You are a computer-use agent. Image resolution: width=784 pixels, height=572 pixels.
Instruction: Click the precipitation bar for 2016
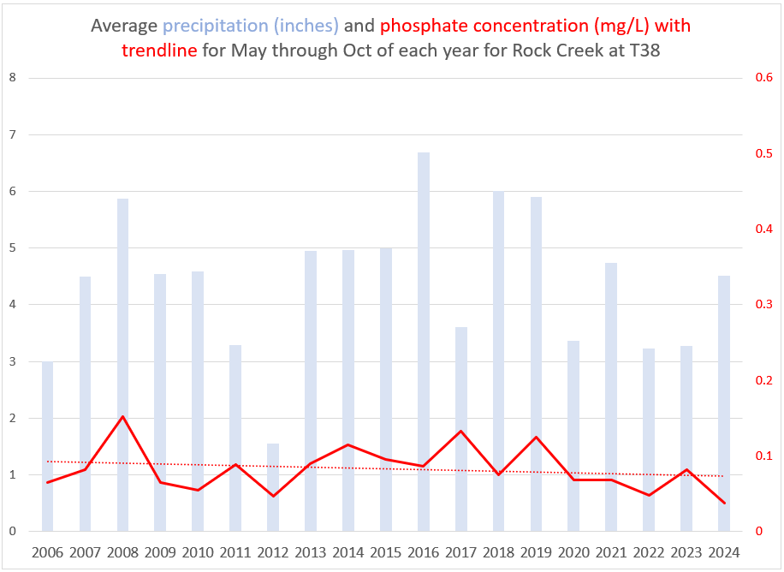[x=423, y=343]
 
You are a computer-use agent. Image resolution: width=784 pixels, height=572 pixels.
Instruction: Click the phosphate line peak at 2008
[x=122, y=417]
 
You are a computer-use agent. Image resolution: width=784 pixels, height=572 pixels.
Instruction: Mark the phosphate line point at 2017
[x=460, y=431]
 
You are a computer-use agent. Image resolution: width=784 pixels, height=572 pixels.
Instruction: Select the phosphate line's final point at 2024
[x=723, y=503]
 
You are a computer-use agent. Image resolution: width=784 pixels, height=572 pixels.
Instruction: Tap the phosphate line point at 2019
[x=536, y=437]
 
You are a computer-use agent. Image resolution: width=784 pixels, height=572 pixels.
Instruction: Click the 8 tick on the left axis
[x=12, y=78]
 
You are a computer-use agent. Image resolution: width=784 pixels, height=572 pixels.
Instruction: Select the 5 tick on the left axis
[x=12, y=248]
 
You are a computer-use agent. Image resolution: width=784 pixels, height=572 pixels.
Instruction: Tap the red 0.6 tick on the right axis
[x=763, y=78]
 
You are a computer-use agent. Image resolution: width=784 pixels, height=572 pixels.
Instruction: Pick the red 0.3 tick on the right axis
[x=763, y=305]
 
